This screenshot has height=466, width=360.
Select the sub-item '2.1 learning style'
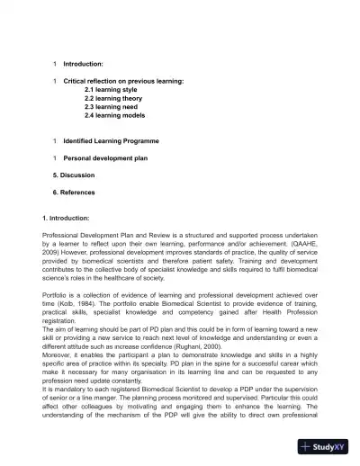(x=113, y=91)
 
